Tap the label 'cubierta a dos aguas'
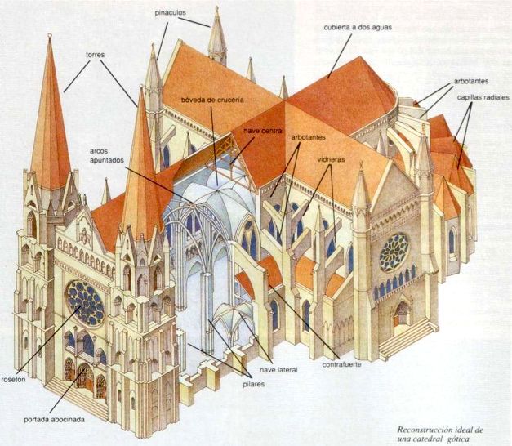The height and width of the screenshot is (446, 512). [357, 27]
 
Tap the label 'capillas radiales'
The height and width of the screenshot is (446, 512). [481, 97]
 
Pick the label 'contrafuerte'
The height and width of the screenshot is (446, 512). [342, 363]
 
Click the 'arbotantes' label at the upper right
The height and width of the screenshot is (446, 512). [472, 82]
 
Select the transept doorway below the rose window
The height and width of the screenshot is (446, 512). [402, 314]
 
